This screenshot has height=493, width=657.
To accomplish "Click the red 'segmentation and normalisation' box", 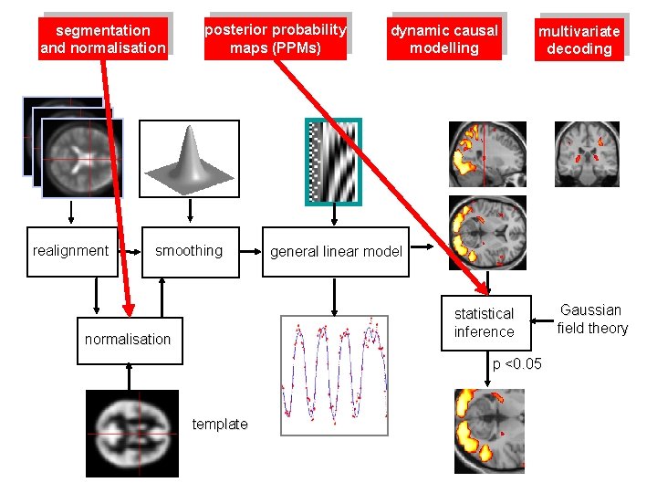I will click(x=103, y=39).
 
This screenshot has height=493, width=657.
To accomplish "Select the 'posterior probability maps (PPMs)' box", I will click(x=276, y=38).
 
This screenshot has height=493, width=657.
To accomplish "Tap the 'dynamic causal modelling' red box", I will click(x=444, y=39).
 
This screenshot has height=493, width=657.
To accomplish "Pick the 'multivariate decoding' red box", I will click(x=579, y=40).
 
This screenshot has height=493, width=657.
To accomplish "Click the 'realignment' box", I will click(x=70, y=251).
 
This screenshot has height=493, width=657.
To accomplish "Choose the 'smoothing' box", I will click(x=189, y=251).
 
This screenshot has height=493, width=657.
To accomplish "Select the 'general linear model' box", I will click(x=336, y=252).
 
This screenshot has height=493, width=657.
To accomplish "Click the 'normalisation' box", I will click(x=128, y=340).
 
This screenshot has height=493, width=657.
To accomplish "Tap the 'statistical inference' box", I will click(x=484, y=322).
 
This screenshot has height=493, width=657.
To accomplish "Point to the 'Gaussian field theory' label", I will click(x=593, y=320).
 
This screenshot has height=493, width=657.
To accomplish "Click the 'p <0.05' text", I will click(x=517, y=364).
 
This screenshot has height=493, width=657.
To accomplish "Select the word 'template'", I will click(x=220, y=424).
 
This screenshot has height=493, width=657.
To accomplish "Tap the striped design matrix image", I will click(x=333, y=162).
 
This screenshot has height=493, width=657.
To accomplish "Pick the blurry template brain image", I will click(x=131, y=434).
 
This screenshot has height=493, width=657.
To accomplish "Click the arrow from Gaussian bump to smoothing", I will click(x=190, y=213).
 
